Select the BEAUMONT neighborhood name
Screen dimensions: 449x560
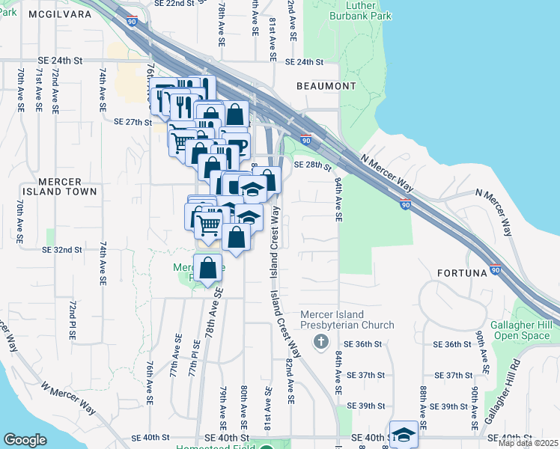point(326,86)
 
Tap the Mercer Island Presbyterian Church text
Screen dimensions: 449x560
point(347,320)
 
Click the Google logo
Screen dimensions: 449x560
point(25,440)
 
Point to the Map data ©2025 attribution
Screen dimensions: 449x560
point(528,443)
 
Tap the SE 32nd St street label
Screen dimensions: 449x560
point(62,249)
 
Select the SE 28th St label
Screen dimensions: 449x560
point(312,165)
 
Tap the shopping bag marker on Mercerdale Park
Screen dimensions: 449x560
point(208,268)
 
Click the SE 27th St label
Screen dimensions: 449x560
point(133,121)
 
